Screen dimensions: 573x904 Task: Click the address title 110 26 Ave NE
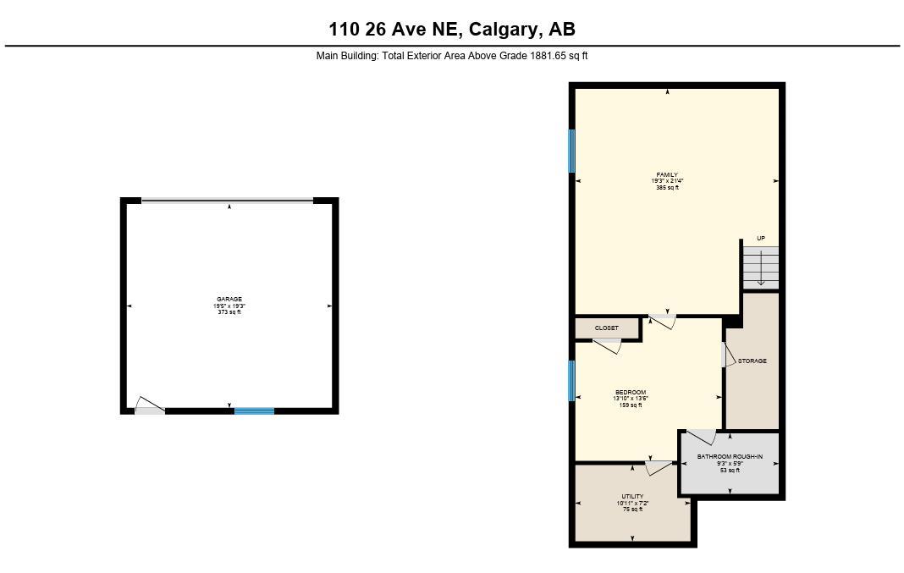[x=452, y=30]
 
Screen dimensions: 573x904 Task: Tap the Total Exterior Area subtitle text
[x=452, y=56]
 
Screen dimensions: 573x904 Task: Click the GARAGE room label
[x=229, y=299]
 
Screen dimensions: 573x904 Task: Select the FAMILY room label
[x=667, y=175]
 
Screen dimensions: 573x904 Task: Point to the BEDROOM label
[x=631, y=393]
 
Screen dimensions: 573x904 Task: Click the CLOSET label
[x=607, y=328]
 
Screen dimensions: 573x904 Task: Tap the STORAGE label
[x=752, y=361]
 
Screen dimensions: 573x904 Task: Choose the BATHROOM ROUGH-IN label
[x=730, y=457]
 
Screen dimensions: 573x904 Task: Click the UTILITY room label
[x=632, y=497]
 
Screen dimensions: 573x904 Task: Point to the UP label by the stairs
[x=761, y=239]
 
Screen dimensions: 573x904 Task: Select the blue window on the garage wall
[x=254, y=411]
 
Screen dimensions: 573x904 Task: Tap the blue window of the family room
[x=572, y=151]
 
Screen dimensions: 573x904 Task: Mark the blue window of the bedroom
[x=572, y=380]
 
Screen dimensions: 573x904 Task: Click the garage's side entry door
[x=150, y=407]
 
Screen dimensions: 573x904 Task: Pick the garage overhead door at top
[x=227, y=201]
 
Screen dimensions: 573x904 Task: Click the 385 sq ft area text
[x=667, y=188]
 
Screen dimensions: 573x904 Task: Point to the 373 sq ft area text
[x=229, y=312]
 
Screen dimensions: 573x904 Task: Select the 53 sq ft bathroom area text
[x=730, y=470]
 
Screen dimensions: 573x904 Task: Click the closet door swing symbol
[x=608, y=345]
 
